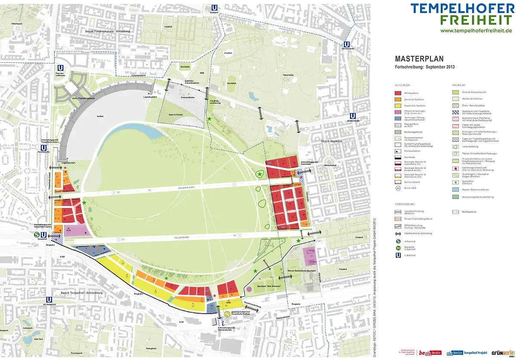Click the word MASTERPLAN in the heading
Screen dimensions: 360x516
pos(419,59)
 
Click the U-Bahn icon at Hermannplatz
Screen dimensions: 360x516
pos(346,44)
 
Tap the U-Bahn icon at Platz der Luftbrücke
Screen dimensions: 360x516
pos(60,68)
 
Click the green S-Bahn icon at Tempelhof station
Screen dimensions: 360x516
pos(37,235)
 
